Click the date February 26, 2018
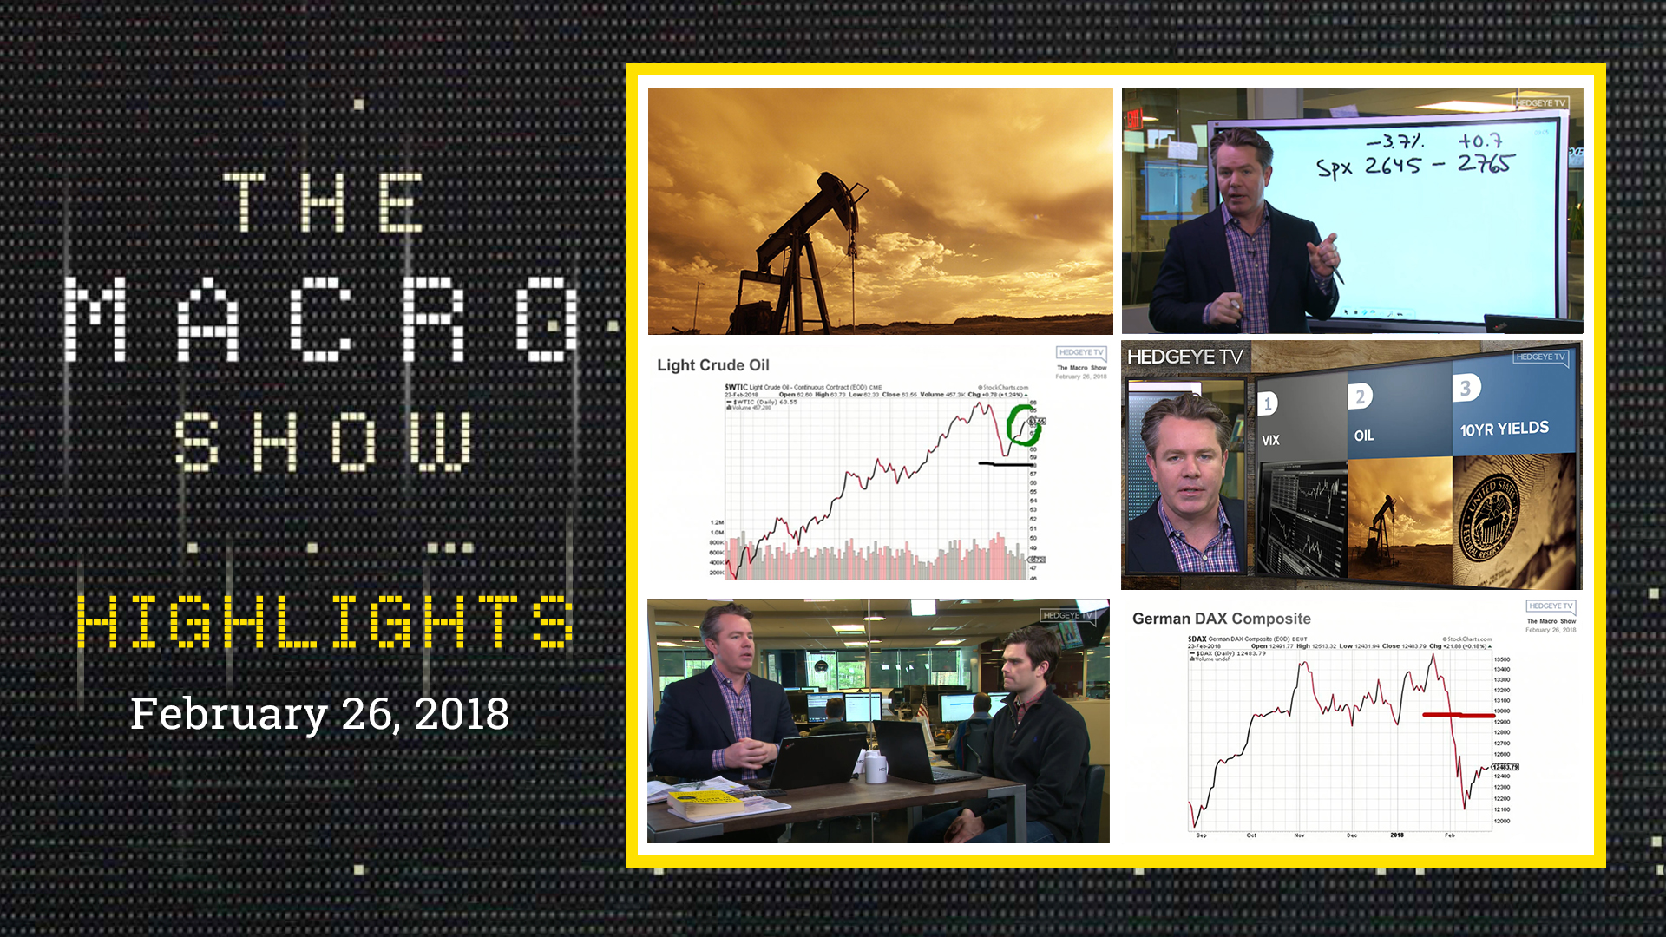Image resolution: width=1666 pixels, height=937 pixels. point(319,714)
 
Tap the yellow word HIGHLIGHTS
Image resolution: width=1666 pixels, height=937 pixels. point(325,621)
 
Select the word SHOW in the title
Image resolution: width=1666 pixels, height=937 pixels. point(324,442)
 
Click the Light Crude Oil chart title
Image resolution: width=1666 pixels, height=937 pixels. point(712,365)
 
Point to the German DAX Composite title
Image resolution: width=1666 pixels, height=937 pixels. point(1221,619)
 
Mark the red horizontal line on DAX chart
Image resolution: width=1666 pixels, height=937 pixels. point(1458,715)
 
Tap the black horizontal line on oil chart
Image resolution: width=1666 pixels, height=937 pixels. point(1006,464)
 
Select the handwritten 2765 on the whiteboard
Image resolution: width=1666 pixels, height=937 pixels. point(1485,164)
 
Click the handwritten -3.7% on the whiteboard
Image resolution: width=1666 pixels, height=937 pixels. point(1394,141)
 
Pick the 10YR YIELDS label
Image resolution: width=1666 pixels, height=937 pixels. point(1504,429)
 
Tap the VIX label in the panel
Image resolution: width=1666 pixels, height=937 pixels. point(1270,441)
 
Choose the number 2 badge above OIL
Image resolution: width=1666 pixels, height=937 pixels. point(1360,396)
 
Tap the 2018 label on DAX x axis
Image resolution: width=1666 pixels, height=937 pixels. point(1396,835)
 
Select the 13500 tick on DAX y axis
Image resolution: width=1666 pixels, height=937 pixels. point(1501,659)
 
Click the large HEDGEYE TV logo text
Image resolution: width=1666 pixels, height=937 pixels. point(1184,357)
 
